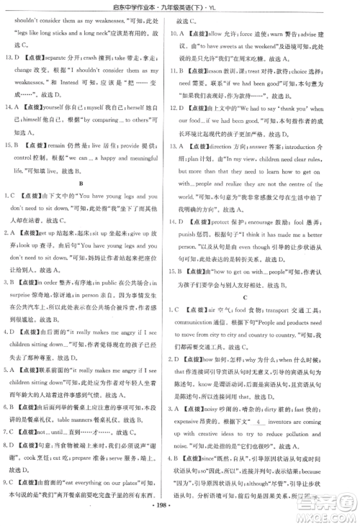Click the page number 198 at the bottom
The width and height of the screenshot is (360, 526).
(181, 515)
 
